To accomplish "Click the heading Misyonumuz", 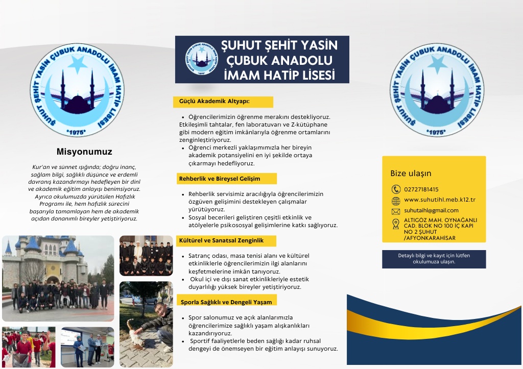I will point(84,152).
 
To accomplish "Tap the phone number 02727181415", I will point(421,189).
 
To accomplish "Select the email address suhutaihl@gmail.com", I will point(431,210).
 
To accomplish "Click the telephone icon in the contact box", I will point(395,189).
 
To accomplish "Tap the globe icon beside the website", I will point(395,200).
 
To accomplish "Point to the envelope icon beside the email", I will point(395,211).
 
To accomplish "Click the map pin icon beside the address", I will point(395,224).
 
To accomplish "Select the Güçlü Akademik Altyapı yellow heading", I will point(223,102).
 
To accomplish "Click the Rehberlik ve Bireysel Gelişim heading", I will point(226,179).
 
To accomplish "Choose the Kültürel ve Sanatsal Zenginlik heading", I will point(226,240).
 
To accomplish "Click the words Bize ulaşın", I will point(411,173).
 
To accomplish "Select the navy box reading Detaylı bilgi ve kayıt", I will point(434,259).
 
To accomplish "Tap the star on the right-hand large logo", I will point(437,63).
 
